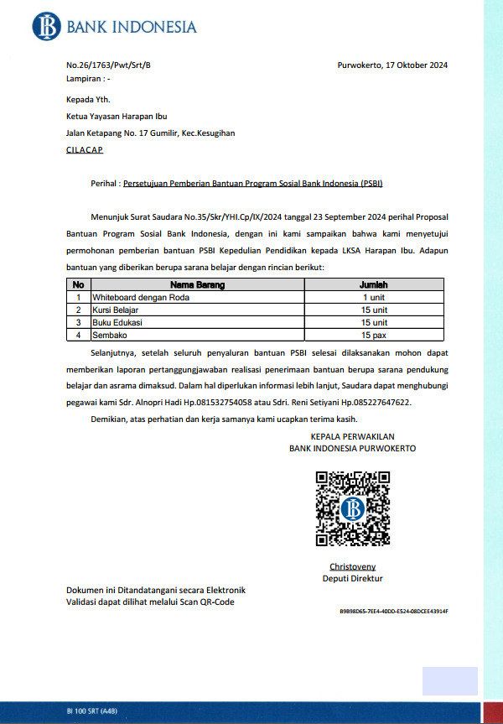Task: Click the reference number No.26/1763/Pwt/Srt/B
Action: (108, 65)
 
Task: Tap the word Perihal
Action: (104, 182)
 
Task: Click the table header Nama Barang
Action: (197, 285)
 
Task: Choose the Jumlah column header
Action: (374, 285)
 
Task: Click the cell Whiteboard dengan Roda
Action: (141, 298)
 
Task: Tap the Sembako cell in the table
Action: (111, 335)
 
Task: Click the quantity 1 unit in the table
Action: (374, 298)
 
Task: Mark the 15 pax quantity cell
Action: (374, 335)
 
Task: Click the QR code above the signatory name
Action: (352, 508)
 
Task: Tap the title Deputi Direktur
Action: (352, 579)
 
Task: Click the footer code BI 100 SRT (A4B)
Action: (92, 711)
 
